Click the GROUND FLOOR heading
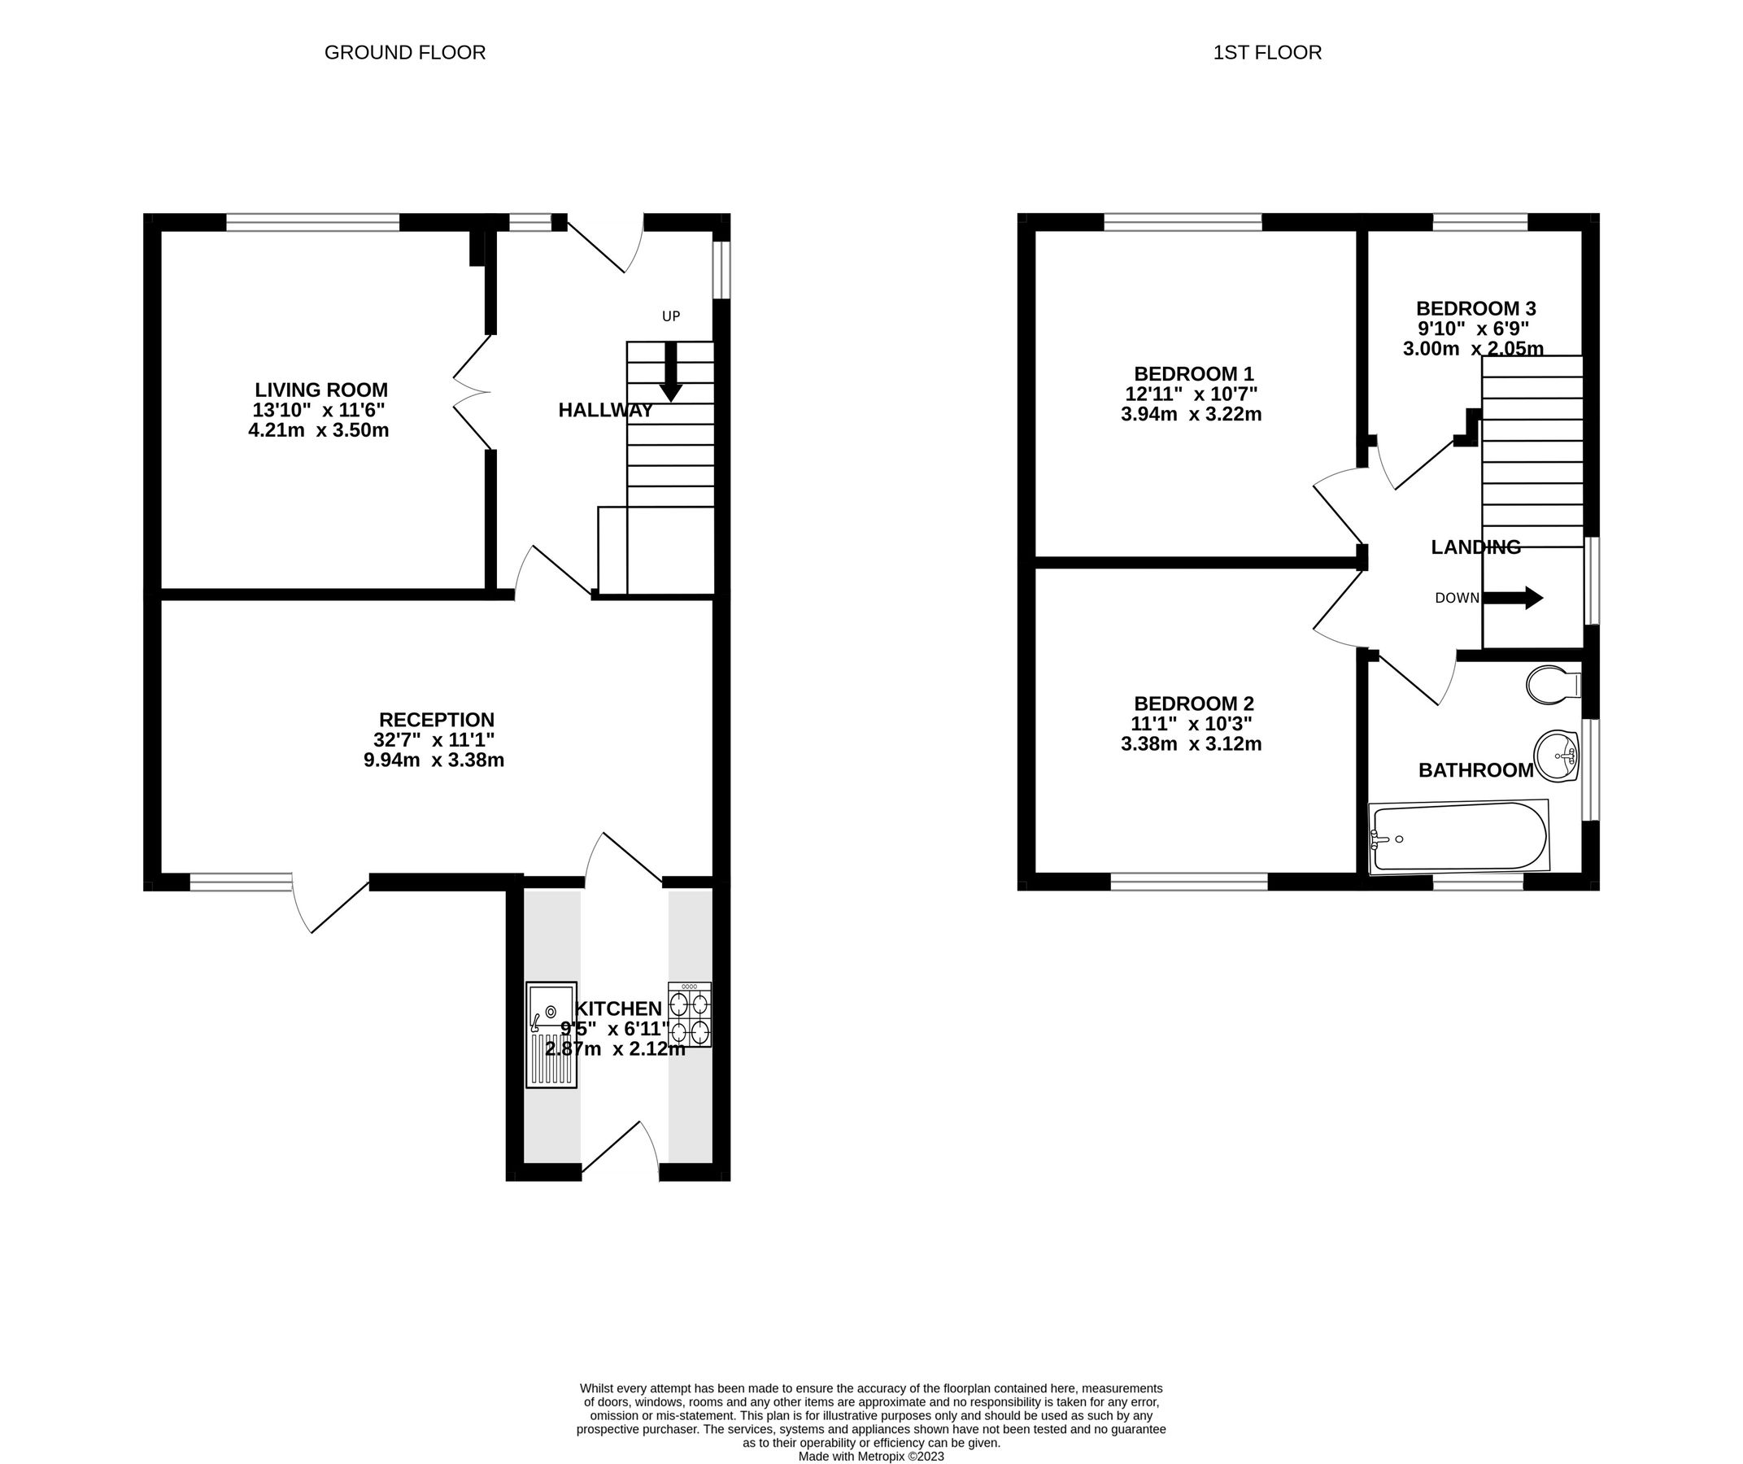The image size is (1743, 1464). click(404, 53)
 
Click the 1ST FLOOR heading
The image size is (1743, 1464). click(1266, 53)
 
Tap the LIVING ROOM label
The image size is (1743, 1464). click(320, 390)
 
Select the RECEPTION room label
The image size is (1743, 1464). click(437, 720)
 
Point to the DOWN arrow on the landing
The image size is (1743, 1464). click(1512, 598)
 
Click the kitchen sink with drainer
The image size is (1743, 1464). click(551, 1034)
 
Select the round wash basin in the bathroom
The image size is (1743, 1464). click(1556, 756)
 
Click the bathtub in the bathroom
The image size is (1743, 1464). click(1458, 837)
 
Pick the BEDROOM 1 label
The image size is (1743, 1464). click(1193, 373)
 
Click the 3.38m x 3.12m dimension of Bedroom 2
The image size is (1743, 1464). click(1191, 744)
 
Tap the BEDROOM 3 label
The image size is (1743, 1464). click(1475, 309)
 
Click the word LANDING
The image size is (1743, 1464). click(1475, 547)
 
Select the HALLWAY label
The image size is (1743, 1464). click(605, 410)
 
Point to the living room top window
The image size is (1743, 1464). click(312, 222)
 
